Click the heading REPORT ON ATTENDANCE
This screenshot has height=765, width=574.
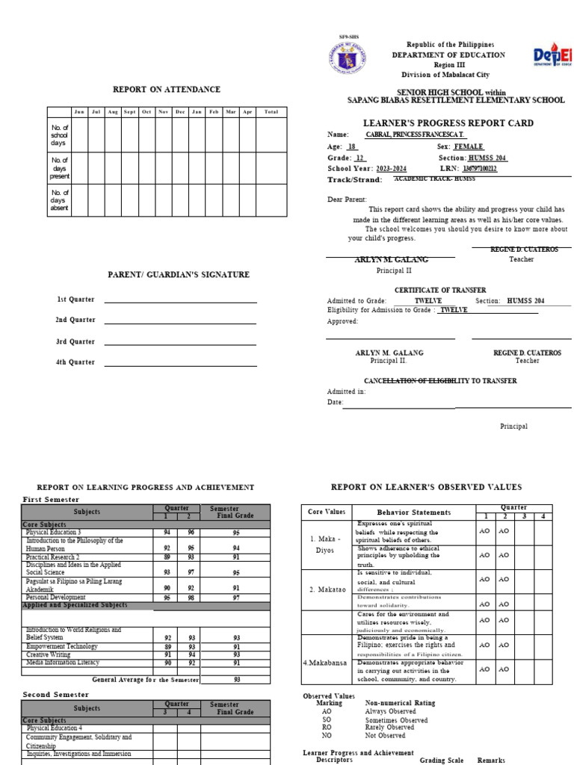(167, 90)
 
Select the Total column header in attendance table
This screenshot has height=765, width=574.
(271, 112)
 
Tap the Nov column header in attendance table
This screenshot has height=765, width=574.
(163, 112)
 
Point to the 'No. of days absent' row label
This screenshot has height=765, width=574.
(60, 200)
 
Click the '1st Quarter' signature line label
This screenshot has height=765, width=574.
(76, 300)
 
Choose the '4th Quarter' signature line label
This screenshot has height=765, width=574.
(76, 362)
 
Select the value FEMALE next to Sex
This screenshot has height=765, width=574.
(469, 147)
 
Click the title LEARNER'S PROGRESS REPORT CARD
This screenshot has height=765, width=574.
(448, 123)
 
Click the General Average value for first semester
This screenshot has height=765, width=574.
(236, 680)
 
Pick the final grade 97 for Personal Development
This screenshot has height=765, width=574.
(236, 598)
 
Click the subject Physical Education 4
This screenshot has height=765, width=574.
(55, 728)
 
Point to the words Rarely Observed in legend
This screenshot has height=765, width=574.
(389, 727)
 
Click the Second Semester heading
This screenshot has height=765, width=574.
(55, 695)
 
